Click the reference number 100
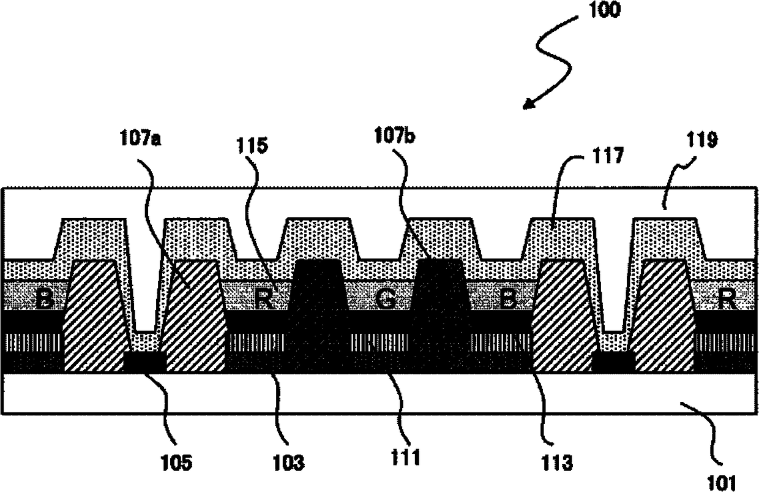click(605, 9)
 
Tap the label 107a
click(140, 139)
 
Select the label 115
click(252, 145)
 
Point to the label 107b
click(394, 135)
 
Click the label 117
click(608, 156)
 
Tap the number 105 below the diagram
click(176, 463)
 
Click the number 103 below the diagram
click(288, 463)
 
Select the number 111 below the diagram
click(406, 457)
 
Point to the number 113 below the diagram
click(558, 463)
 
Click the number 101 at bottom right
click(722, 483)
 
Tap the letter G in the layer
click(386, 300)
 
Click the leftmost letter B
click(45, 300)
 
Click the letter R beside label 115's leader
click(264, 300)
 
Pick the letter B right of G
click(509, 300)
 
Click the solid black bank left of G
click(318, 316)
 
